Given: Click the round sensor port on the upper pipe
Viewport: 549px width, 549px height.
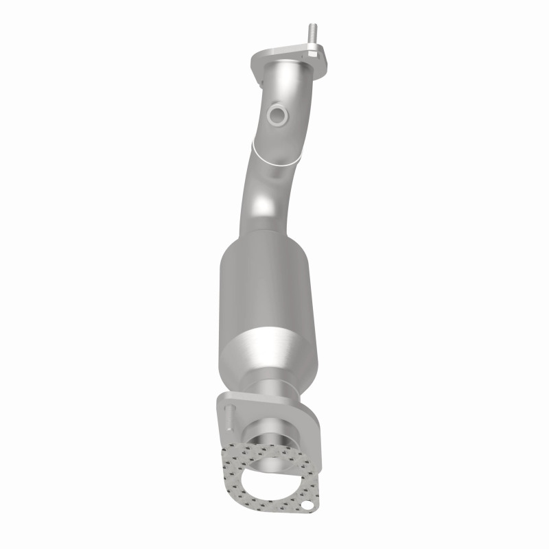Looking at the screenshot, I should pyautogui.click(x=278, y=115).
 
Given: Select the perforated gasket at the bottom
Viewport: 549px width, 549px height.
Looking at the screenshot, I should pyautogui.click(x=237, y=467).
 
